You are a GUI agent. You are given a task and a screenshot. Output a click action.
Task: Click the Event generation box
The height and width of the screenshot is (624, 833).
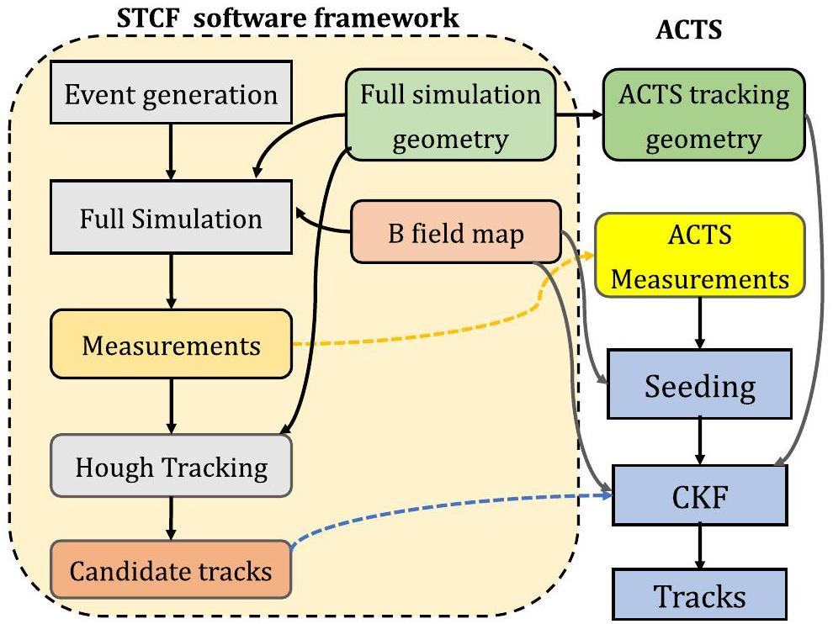(171, 93)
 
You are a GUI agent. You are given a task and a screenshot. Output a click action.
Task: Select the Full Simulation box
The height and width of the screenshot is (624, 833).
(171, 219)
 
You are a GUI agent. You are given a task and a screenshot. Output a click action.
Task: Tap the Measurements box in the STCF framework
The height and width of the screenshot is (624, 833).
(171, 345)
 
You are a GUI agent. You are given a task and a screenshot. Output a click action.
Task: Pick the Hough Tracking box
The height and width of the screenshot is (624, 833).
(171, 467)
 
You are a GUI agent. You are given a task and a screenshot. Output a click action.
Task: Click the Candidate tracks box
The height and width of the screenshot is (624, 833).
(171, 572)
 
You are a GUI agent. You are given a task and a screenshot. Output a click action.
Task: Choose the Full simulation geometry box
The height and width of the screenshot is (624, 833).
(451, 115)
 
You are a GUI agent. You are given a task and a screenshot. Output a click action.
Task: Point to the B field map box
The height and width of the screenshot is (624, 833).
(455, 232)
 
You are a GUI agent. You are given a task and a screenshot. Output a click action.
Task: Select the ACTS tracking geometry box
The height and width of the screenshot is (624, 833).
(703, 115)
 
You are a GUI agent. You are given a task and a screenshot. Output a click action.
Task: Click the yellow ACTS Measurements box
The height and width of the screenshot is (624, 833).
(700, 256)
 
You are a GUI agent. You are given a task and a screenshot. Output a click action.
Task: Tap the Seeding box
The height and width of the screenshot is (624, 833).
(700, 386)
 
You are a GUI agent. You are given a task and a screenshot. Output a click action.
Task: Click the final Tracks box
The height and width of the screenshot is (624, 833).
(700, 596)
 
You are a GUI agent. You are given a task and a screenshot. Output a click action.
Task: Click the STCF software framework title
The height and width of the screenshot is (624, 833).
(288, 16)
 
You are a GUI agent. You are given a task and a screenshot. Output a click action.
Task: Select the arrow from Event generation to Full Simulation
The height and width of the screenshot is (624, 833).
(171, 151)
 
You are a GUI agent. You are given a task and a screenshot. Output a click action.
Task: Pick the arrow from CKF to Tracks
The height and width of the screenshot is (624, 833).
(700, 548)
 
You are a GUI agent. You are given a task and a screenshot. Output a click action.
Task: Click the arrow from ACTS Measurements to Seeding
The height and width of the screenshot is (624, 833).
(700, 323)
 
